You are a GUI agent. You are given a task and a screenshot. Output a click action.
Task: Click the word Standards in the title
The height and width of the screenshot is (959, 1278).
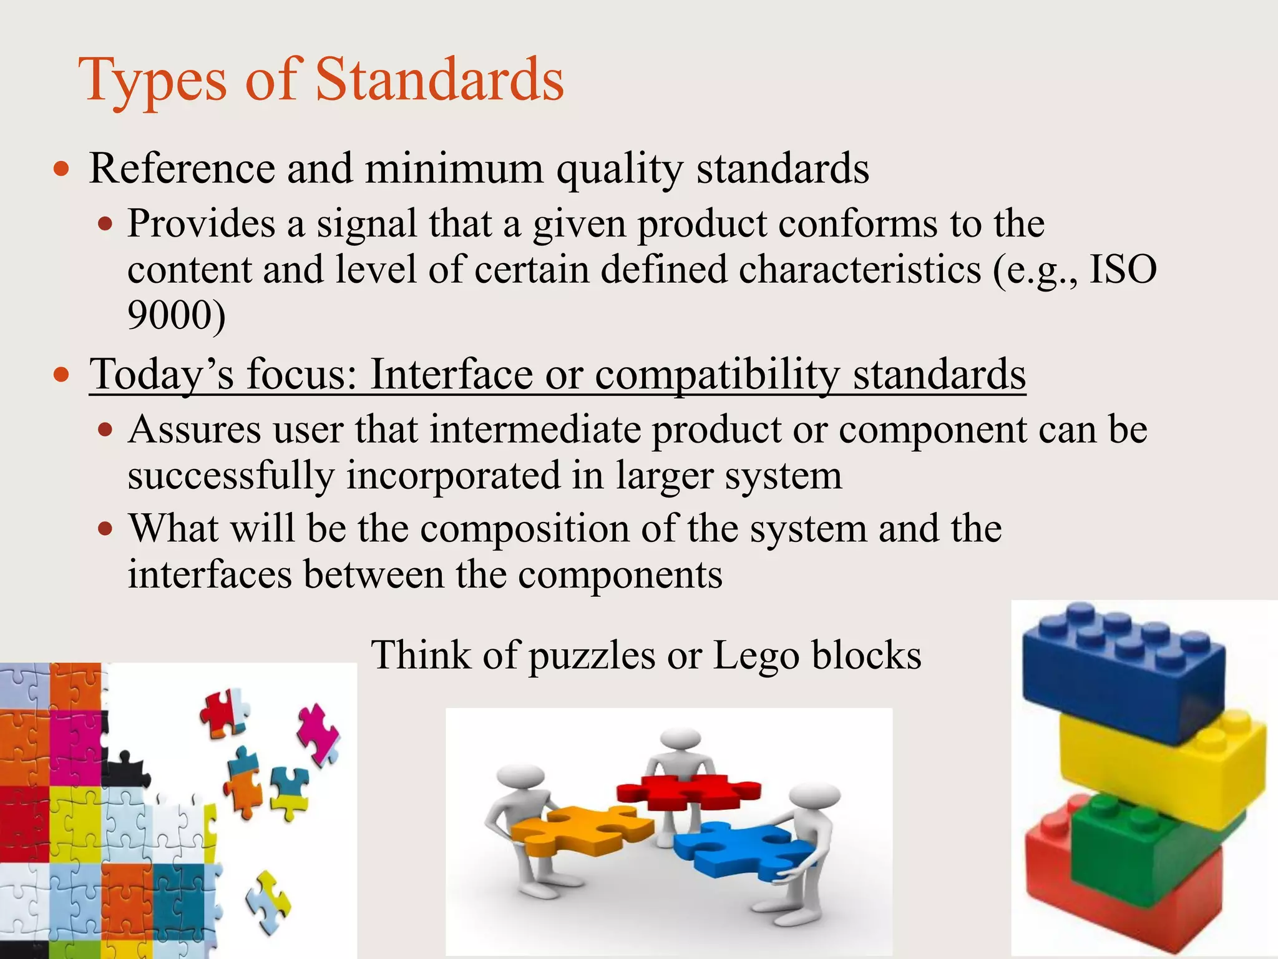tap(439, 80)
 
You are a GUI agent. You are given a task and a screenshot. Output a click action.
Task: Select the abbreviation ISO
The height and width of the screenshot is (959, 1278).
tap(1123, 270)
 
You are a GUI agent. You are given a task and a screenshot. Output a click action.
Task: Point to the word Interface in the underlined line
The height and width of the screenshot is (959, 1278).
tap(452, 375)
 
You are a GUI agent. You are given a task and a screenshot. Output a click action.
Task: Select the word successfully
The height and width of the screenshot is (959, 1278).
tap(231, 476)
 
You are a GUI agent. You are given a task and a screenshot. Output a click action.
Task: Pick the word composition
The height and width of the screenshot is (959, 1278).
tap(525, 529)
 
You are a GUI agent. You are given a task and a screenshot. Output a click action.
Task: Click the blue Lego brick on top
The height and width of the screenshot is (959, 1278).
tap(1120, 674)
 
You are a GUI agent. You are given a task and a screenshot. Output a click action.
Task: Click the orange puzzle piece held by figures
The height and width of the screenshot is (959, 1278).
tap(580, 830)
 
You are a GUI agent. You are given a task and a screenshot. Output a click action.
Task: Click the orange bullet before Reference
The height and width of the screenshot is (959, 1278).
tap(61, 169)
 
